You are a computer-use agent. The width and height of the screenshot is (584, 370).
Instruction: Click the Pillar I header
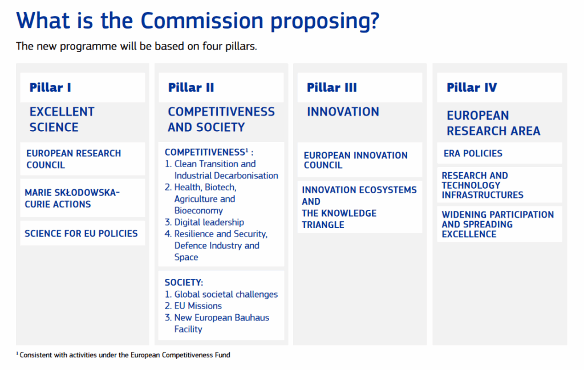click(50, 87)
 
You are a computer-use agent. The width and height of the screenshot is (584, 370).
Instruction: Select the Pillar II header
click(191, 87)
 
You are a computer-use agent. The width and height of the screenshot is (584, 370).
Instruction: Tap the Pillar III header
click(332, 87)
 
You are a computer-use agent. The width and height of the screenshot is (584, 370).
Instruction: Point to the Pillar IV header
click(472, 87)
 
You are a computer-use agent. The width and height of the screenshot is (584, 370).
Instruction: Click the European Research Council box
click(82, 159)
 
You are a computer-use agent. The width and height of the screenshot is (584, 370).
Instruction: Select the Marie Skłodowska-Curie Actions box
click(82, 198)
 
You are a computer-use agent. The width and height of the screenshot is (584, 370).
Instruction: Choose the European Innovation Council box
click(360, 160)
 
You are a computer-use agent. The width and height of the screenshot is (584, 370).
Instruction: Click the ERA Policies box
click(500, 153)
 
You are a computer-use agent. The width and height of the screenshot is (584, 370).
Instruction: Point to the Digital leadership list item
click(205, 222)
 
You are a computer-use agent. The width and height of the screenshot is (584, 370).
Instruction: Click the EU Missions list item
click(193, 306)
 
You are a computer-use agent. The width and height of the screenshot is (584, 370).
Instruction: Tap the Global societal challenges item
click(221, 294)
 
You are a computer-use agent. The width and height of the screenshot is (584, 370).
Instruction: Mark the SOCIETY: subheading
click(184, 282)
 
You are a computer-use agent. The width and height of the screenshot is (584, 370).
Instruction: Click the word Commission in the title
click(202, 21)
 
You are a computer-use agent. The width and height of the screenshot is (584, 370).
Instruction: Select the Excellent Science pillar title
click(62, 120)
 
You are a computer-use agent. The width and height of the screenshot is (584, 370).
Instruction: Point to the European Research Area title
click(493, 123)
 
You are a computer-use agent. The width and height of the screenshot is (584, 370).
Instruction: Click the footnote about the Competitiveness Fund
click(123, 355)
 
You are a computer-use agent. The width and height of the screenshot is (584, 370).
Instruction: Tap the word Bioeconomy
click(198, 211)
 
